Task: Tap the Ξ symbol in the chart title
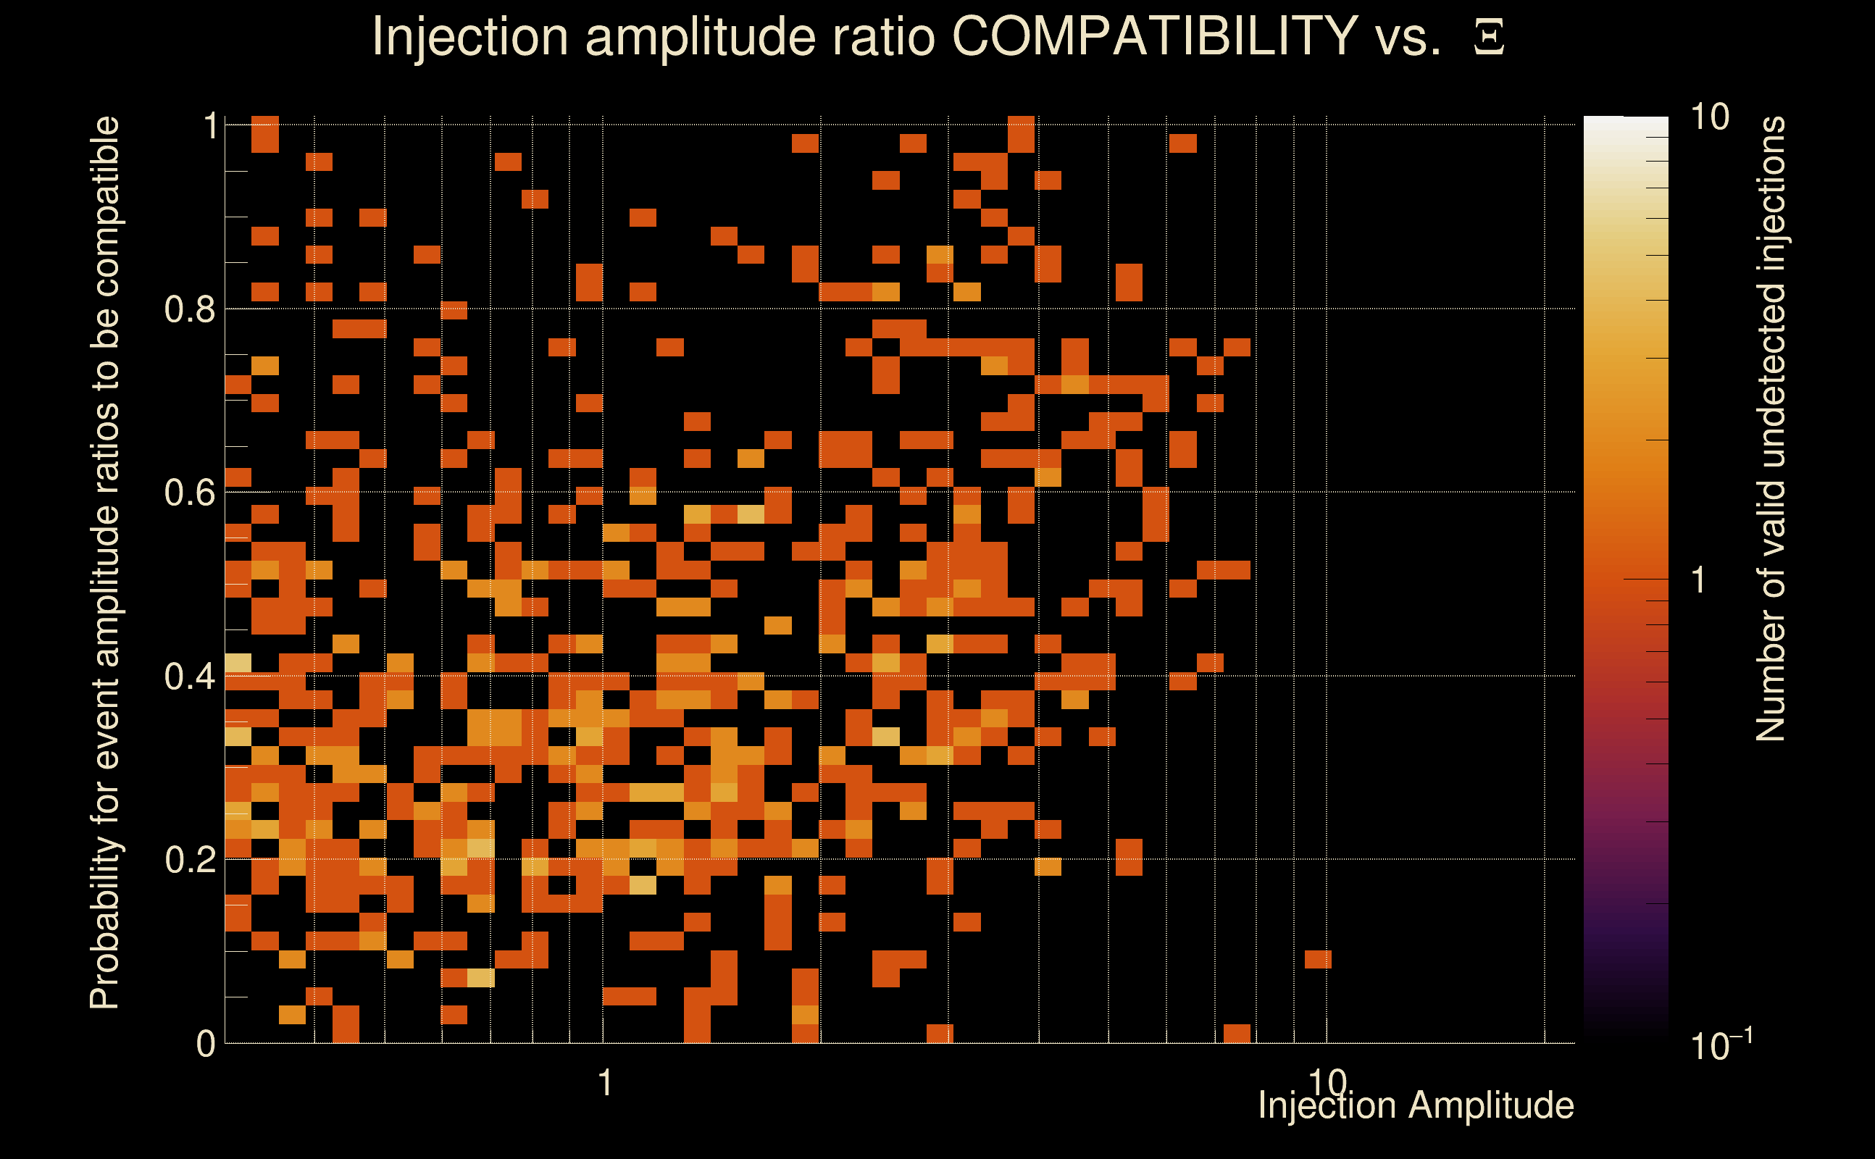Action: click(x=1489, y=37)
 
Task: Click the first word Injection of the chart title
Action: click(x=469, y=37)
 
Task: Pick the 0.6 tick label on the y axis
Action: click(x=190, y=492)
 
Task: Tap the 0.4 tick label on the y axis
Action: click(x=190, y=676)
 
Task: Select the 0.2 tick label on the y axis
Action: click(x=190, y=859)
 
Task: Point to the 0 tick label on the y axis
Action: click(x=206, y=1043)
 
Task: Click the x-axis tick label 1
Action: click(x=606, y=1082)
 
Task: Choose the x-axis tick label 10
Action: click(x=1327, y=1082)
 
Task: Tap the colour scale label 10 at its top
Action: click(x=1709, y=117)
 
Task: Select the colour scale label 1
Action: click(x=1699, y=580)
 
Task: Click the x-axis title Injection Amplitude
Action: click(x=1416, y=1105)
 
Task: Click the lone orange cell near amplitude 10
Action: click(x=1318, y=959)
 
